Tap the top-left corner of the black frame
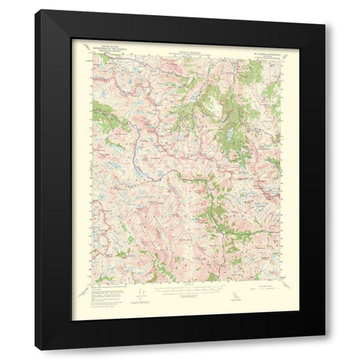[x=36, y=10]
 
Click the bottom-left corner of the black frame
[x=36, y=349]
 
